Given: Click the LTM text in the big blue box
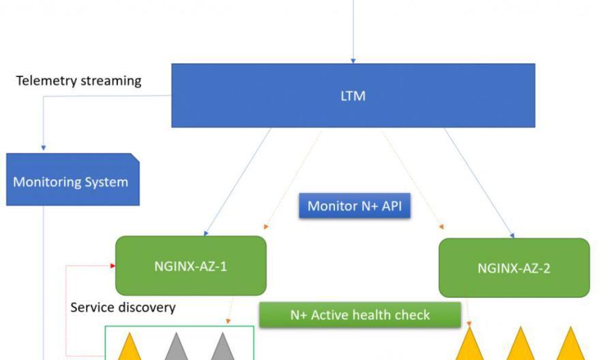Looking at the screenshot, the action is point(353,95).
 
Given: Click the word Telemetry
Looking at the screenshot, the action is point(46,81).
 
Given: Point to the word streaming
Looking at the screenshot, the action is point(111,81).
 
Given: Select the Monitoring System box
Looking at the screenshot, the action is point(73,179).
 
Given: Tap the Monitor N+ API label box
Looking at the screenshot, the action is point(355,205).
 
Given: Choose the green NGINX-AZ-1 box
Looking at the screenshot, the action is point(191,265).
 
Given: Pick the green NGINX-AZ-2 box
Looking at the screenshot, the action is point(514,268).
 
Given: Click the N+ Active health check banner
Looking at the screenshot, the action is point(360,315).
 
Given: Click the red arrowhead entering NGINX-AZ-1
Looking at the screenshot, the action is point(113,265).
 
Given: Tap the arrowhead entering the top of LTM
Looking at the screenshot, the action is point(353,61).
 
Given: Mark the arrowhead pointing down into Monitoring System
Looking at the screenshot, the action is point(44,148).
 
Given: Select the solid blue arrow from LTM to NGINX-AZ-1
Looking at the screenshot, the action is point(237,182).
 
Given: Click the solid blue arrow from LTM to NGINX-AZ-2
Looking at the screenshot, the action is point(479,183).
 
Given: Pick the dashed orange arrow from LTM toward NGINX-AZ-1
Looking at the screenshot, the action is point(293,180).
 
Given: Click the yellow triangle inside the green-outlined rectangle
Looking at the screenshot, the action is point(130,346).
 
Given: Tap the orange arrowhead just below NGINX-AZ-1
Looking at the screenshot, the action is point(228,321).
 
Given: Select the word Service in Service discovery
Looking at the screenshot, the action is point(93,307).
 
